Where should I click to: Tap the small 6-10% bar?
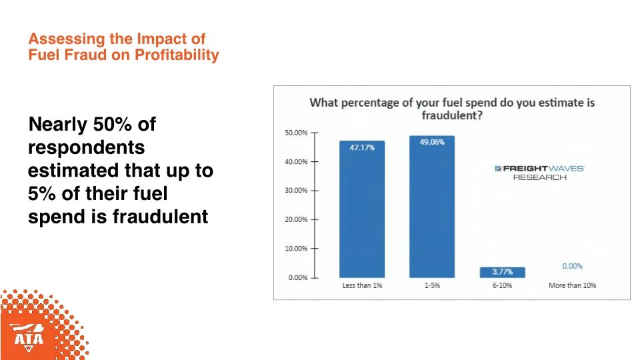tap(502, 272)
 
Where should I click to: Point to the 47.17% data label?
tap(362, 147)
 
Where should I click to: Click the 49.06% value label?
tap(432, 142)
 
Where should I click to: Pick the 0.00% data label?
tap(572, 266)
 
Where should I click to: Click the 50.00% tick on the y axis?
tap(297, 133)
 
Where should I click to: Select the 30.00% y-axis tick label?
tap(297, 191)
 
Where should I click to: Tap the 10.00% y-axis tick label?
tap(297, 249)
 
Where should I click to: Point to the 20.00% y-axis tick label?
tap(297, 219)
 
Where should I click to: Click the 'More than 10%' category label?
tap(572, 285)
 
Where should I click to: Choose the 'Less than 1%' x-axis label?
tap(362, 285)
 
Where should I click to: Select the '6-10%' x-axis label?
tap(502, 285)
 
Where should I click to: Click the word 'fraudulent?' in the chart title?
tap(452, 115)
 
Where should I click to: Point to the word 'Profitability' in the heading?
tap(177, 55)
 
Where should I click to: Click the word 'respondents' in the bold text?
tap(87, 147)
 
